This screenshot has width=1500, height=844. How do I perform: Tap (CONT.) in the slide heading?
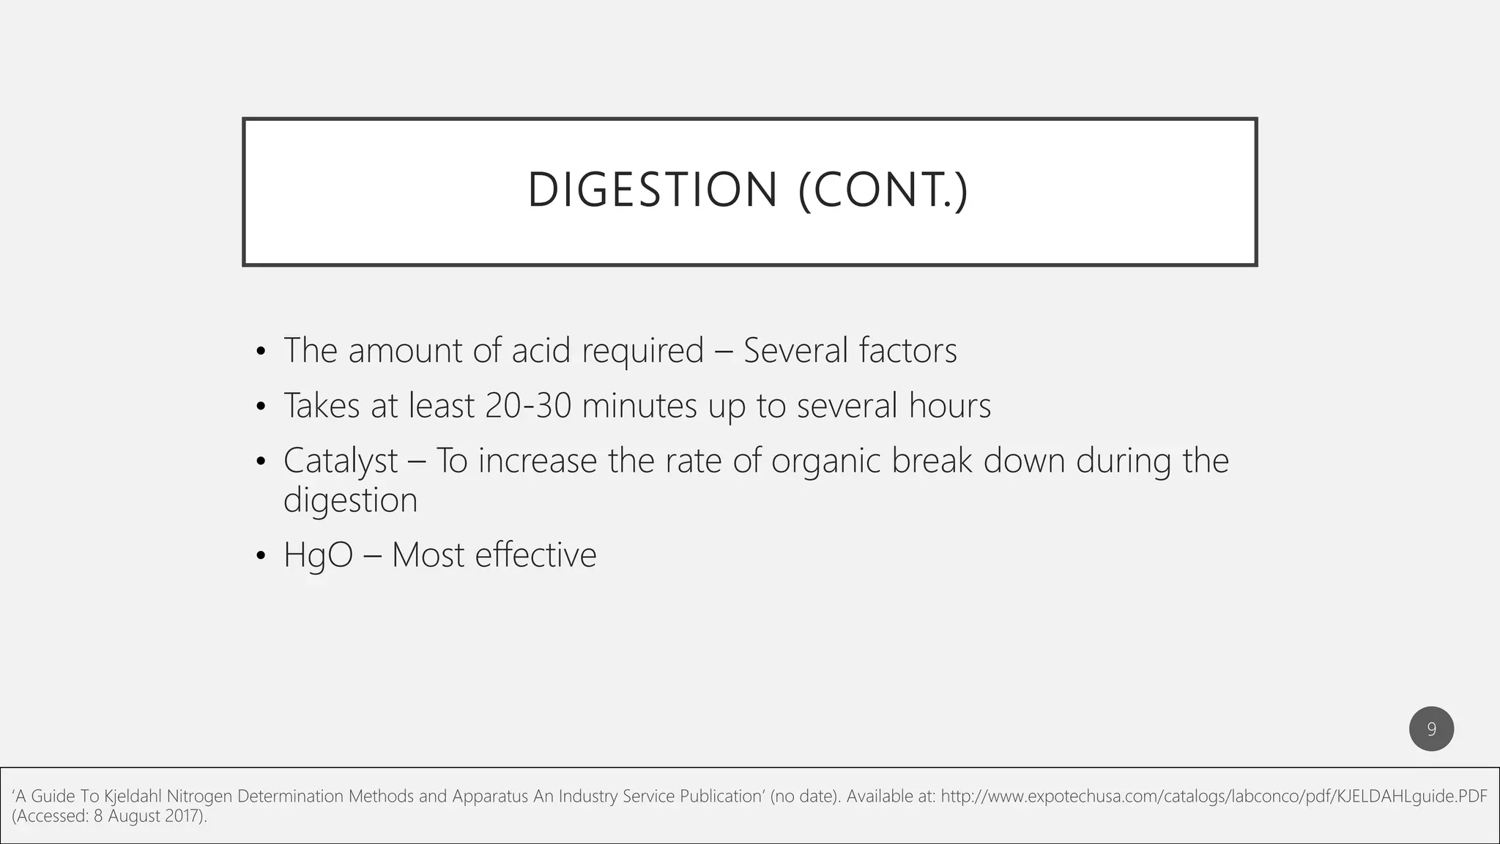click(883, 190)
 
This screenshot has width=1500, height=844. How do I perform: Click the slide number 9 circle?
click(1431, 729)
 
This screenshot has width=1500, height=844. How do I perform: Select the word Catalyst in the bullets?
click(341, 462)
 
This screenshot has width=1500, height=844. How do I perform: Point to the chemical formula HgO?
click(318, 555)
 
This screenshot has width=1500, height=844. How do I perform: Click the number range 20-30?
click(528, 406)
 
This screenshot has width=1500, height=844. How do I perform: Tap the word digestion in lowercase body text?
click(350, 501)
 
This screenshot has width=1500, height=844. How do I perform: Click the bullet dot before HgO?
click(261, 557)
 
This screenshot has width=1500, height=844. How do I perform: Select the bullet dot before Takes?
click(261, 407)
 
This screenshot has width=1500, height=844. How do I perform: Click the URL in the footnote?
click(1214, 796)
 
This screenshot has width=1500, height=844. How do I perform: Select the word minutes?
click(639, 406)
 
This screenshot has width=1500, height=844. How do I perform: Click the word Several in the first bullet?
click(795, 350)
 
